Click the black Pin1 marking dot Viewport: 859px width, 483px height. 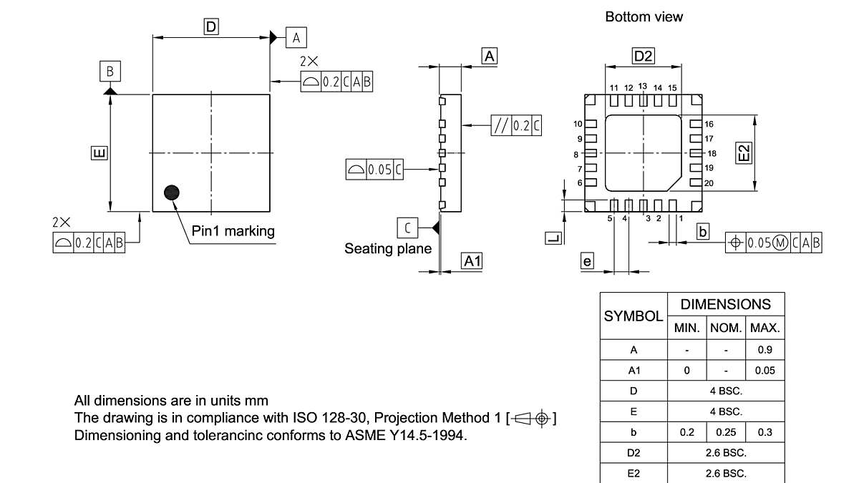click(172, 192)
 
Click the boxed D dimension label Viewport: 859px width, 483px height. click(211, 27)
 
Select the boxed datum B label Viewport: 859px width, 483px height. click(110, 71)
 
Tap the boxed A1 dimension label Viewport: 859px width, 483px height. click(472, 261)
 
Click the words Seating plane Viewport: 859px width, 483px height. click(388, 248)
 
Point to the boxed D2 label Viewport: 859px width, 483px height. click(643, 56)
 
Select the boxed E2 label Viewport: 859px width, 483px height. click(745, 152)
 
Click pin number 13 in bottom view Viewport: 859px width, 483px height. click(642, 86)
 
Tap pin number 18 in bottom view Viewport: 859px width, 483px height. click(712, 153)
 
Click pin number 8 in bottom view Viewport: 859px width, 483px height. click(576, 154)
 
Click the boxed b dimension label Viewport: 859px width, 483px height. click(703, 231)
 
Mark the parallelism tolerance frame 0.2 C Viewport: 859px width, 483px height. click(516, 126)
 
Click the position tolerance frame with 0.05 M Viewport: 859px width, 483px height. click(773, 243)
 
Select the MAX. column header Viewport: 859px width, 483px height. click(765, 329)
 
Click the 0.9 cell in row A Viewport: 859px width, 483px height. click(765, 351)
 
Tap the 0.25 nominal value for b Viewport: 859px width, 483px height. click(725, 433)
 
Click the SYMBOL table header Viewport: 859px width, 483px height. click(633, 316)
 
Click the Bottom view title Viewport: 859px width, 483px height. click(644, 16)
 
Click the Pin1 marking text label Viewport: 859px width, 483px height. click(233, 230)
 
